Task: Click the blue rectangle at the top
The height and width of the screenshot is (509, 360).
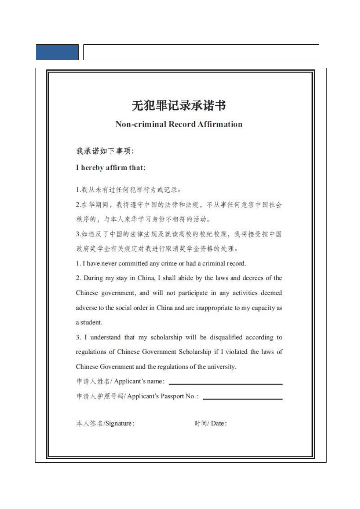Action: pyautogui.click(x=57, y=52)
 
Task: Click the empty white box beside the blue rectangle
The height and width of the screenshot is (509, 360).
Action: pyautogui.click(x=201, y=52)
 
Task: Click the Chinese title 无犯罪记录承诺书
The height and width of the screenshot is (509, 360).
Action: pyautogui.click(x=179, y=106)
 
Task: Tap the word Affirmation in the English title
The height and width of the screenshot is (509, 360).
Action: pyautogui.click(x=220, y=124)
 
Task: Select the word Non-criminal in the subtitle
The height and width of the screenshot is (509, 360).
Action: pyautogui.click(x=135, y=124)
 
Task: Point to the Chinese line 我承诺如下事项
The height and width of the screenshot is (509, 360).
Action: pyautogui.click(x=105, y=151)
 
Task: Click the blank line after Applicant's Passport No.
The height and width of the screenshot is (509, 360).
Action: pyautogui.click(x=242, y=398)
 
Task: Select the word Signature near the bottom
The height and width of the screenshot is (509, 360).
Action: pyautogui.click(x=119, y=423)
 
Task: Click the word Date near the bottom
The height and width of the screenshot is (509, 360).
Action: pyautogui.click(x=218, y=423)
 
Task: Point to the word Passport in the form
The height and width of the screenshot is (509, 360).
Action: pyautogui.click(x=173, y=396)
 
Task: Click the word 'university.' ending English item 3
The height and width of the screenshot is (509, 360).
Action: pyautogui.click(x=221, y=367)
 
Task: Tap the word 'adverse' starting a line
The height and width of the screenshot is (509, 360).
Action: pyautogui.click(x=86, y=308)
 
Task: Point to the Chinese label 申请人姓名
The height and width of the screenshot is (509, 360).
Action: pyautogui.click(x=93, y=382)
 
